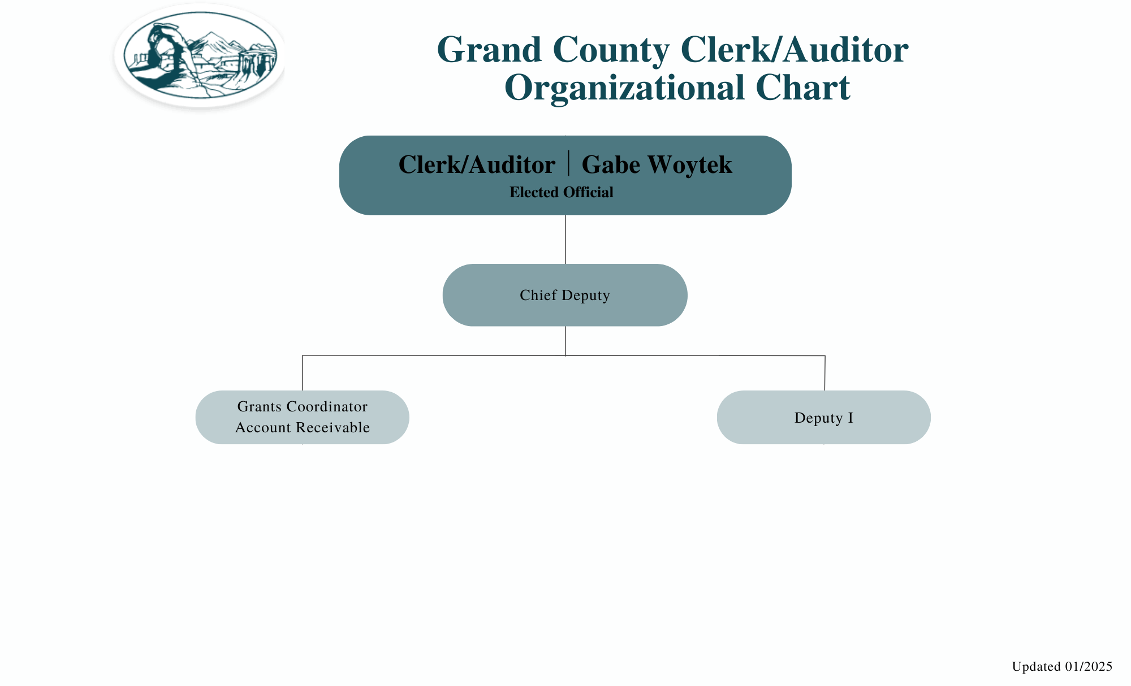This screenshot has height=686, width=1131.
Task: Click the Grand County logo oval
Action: (x=200, y=55)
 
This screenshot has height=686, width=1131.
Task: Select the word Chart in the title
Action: (x=802, y=88)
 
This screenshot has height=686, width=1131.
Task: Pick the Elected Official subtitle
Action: (x=561, y=193)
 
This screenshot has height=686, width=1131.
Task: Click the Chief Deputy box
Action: (x=565, y=295)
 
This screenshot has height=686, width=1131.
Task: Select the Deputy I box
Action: (x=823, y=418)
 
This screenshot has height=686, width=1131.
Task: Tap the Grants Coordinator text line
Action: (x=302, y=407)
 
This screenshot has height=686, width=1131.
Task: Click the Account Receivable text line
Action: (x=302, y=428)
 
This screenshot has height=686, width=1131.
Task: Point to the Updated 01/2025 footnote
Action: (x=1061, y=667)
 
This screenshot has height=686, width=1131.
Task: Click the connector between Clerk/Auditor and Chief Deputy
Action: (x=565, y=240)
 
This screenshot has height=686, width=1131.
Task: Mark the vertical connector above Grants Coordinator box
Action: (x=303, y=373)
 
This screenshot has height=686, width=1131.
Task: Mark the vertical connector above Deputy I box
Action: (x=824, y=373)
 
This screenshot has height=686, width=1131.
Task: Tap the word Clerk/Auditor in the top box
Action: (x=477, y=165)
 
